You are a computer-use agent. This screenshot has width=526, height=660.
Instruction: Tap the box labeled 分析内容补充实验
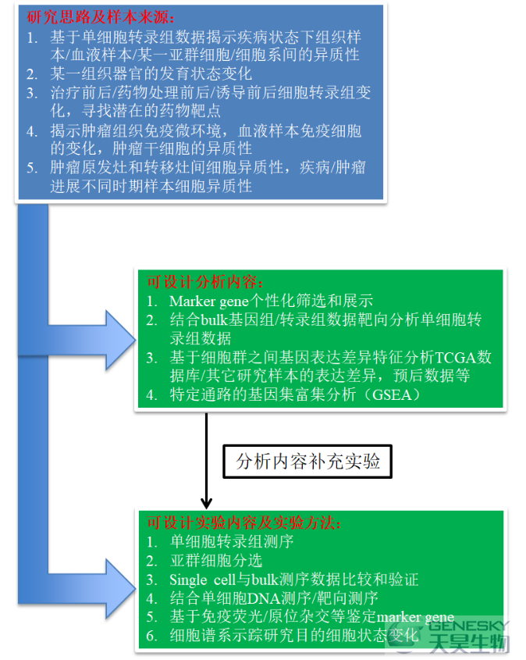pos(307,462)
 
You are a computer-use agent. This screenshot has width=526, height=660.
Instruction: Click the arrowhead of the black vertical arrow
pos(206,503)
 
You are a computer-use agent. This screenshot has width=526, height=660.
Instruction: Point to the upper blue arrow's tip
pos(135,340)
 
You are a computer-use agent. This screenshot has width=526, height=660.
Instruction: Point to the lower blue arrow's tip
pos(135,588)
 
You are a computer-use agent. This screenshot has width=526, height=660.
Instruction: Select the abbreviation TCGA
pos(455,358)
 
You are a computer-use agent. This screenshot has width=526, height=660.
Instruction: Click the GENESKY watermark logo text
pos(467,626)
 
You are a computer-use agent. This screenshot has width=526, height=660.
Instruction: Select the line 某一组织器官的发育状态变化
pos(151,73)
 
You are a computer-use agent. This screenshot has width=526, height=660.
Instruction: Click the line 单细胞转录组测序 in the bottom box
pos(232,541)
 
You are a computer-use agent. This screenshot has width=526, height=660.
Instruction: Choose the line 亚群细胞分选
pos(216,561)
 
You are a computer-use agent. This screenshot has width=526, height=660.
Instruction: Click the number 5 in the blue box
pos(31,167)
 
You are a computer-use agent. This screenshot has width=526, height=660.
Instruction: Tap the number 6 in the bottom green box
pos(151,636)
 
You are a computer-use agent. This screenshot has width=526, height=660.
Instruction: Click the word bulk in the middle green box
pos(215,320)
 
